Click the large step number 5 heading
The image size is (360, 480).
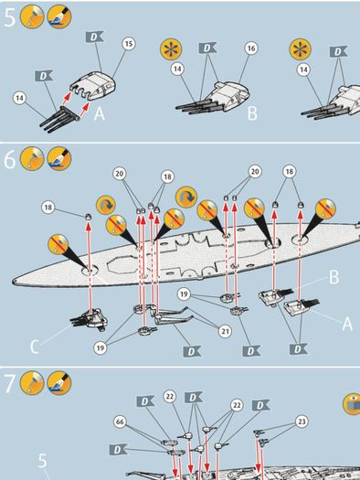coord(9,17)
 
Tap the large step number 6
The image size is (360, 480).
coord(10,159)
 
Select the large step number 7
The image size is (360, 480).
coord(10,383)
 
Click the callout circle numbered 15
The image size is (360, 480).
coord(129,44)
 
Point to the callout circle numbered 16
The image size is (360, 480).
coord(250,48)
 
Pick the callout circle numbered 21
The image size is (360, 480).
coord(225,331)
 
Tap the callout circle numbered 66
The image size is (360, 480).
coord(120,421)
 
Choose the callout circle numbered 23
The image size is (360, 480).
coord(302,421)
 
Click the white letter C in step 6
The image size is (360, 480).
coord(35,347)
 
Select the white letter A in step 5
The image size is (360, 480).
coord(100,114)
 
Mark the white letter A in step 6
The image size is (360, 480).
coord(347,324)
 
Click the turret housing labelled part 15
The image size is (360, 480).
coord(93,85)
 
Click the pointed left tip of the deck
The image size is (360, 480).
coord(14,282)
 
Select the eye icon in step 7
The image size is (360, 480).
coord(353,404)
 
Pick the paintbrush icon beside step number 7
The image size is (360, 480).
coord(59,383)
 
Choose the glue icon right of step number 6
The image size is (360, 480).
coord(32,158)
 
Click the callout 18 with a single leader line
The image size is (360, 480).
coord(48,208)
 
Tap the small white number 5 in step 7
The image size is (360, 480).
coord(43,461)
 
